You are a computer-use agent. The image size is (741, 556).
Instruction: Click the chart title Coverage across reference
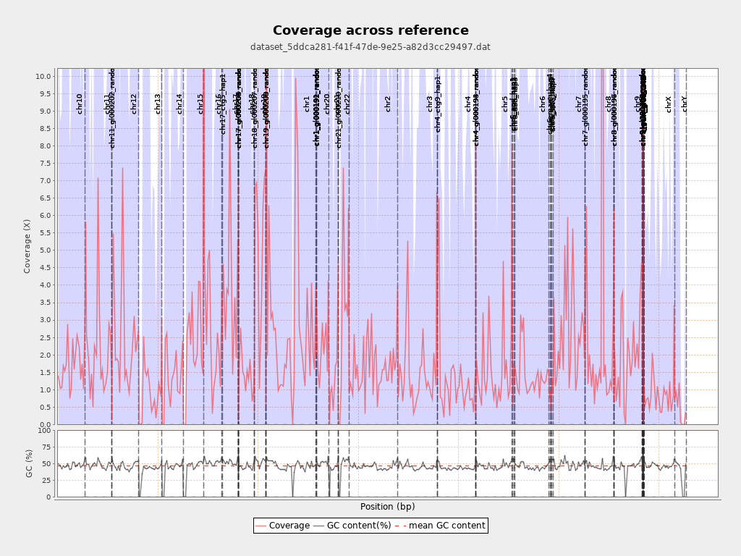(x=370, y=30)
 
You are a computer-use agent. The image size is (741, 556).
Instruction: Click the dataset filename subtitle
(x=370, y=47)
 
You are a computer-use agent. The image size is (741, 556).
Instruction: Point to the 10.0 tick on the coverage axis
(x=43, y=76)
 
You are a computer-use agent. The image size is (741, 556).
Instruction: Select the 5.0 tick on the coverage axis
(x=46, y=250)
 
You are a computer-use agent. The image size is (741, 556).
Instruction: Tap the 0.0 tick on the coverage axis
(x=46, y=424)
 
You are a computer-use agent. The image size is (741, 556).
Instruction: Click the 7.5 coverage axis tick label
(x=46, y=164)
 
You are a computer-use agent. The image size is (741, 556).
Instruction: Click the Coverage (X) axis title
(x=27, y=246)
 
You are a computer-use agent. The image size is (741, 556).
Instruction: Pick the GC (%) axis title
(x=30, y=463)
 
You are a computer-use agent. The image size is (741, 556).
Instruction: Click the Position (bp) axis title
(x=387, y=507)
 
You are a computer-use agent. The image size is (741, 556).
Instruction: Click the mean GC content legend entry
(x=441, y=526)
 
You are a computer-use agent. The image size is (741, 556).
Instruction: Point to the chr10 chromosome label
(x=80, y=104)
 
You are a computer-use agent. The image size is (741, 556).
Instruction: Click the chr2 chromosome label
(x=388, y=104)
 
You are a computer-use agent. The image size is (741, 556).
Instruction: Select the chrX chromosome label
(x=669, y=104)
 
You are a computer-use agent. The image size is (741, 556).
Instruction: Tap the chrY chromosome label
(x=685, y=104)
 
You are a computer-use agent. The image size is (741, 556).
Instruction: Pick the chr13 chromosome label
(x=158, y=104)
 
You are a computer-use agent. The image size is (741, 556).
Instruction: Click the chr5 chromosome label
(x=505, y=104)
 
